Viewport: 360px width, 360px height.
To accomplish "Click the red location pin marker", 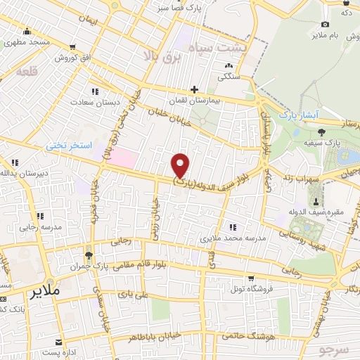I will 181,165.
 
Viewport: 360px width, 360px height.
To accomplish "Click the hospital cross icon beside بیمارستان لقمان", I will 194,89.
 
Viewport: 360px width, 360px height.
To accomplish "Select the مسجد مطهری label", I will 28,42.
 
